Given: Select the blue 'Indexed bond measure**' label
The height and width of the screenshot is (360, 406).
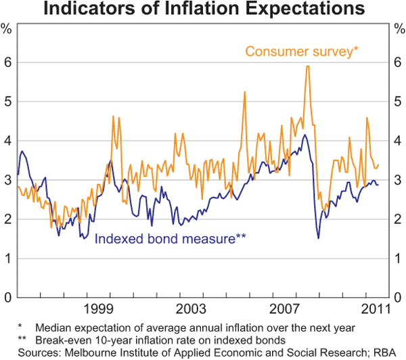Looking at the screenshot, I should pos(170,238).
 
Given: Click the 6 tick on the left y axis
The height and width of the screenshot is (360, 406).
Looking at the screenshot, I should pos(7,62).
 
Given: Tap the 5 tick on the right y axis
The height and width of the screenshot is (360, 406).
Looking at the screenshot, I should pos(398,102).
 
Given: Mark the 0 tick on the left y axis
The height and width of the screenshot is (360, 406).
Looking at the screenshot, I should pos(7,298).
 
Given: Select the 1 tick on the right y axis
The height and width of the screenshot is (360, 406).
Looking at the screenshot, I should pos(398,258).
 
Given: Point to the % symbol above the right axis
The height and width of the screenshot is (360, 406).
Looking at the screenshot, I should pos(399,29).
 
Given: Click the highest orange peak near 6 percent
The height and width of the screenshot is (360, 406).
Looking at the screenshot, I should pos(307,66).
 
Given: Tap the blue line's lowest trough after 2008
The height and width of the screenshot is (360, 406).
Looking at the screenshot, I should pos(318,238).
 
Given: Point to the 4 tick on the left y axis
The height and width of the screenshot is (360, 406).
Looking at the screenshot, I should pos(7,141).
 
